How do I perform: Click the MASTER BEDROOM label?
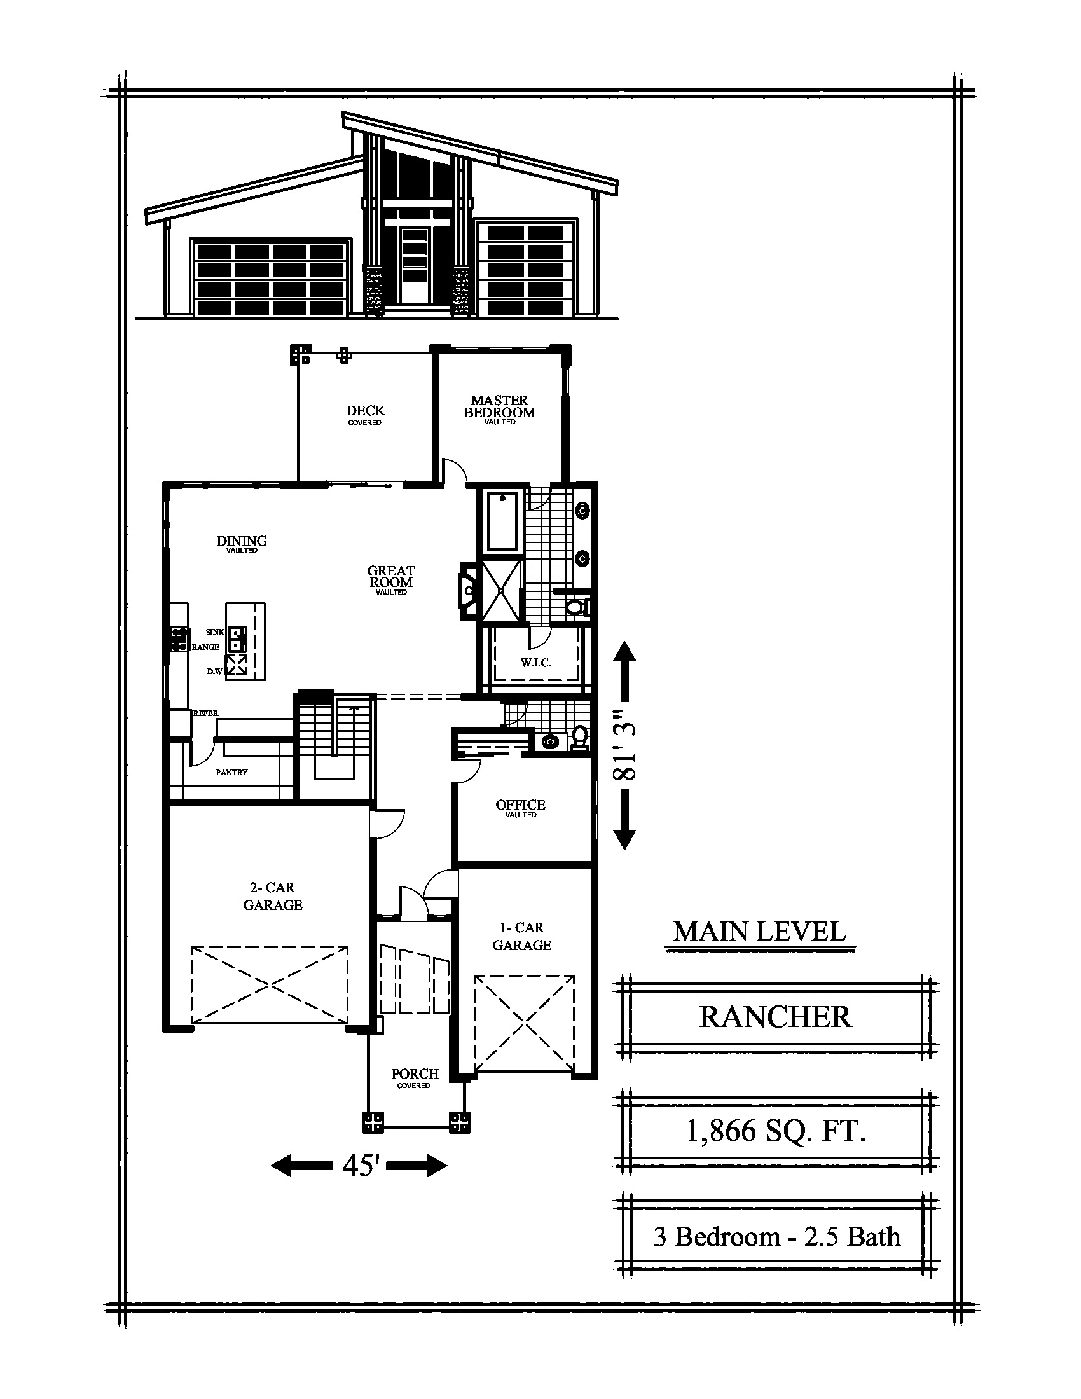(x=500, y=407)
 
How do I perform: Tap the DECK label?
(x=366, y=411)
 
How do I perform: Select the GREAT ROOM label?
(x=391, y=576)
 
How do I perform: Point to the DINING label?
(x=242, y=541)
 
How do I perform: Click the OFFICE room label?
(x=521, y=804)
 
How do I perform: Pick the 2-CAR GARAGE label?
(x=273, y=896)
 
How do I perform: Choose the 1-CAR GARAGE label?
(x=522, y=936)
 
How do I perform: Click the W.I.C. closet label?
(x=536, y=663)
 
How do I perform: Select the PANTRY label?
(x=232, y=773)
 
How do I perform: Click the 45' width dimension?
(x=359, y=1166)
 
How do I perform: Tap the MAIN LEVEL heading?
(x=759, y=932)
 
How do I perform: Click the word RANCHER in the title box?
(x=776, y=1017)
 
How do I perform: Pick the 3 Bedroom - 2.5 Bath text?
(x=777, y=1236)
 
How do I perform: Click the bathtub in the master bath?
(x=503, y=521)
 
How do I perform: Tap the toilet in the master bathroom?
(x=577, y=607)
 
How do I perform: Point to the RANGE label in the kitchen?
(x=205, y=647)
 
